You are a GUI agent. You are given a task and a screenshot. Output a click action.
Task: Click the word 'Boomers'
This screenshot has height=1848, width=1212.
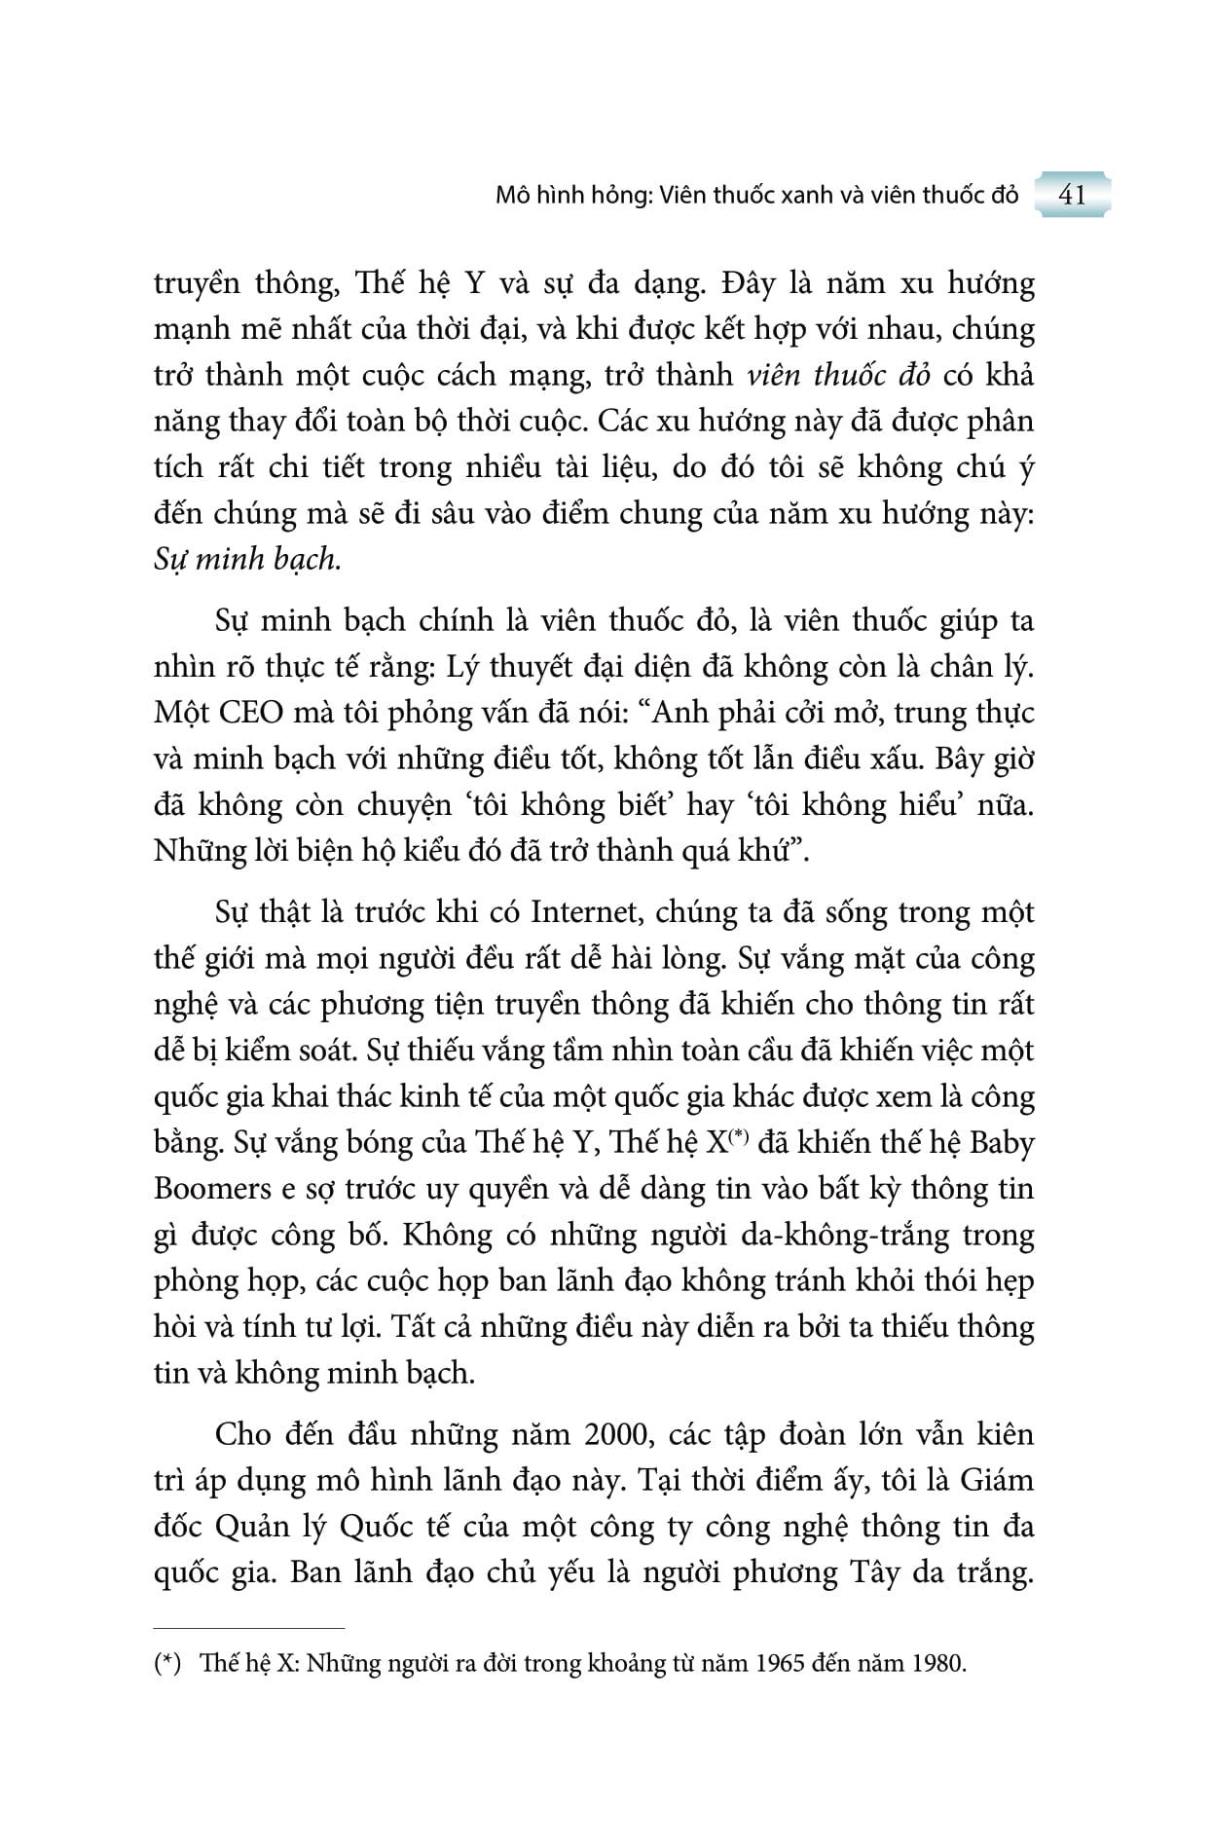tap(212, 1189)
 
